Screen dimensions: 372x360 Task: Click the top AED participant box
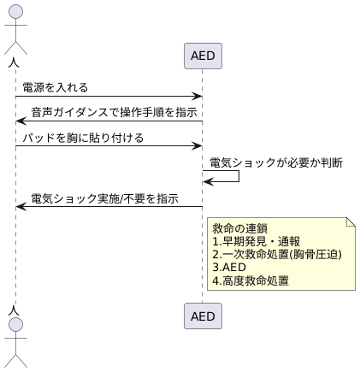tap(203, 56)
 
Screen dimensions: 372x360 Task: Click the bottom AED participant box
tap(203, 316)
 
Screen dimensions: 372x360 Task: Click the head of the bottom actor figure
tap(15, 328)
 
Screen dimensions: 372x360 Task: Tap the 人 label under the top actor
tap(15, 62)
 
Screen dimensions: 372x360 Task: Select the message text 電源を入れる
tap(56, 87)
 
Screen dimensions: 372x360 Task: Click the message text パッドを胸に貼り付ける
tap(83, 137)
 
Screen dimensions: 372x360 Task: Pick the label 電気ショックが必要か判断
tap(276, 162)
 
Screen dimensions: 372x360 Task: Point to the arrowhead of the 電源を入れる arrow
tap(198, 97)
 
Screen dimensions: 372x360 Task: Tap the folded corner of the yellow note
tap(351, 222)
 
